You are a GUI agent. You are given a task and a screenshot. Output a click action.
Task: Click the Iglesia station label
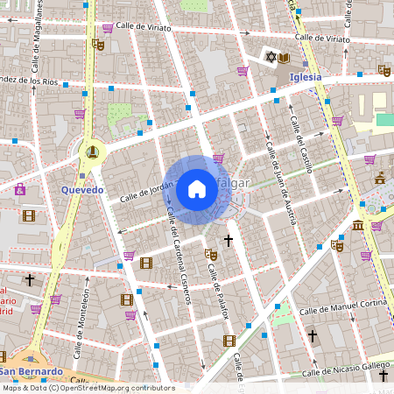[306, 76]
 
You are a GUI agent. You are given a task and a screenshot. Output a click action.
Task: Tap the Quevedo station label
[83, 189]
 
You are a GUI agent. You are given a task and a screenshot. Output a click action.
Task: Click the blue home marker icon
[197, 188]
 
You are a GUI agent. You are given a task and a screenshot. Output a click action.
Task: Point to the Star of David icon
[271, 58]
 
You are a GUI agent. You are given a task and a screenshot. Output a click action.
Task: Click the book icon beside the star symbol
[286, 58]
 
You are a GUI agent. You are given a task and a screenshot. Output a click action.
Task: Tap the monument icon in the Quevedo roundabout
[91, 151]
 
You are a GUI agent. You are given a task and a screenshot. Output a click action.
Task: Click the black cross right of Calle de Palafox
[229, 240]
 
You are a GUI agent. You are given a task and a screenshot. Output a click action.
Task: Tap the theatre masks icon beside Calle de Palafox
[210, 254]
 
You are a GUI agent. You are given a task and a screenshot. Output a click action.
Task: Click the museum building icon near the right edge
[358, 227]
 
